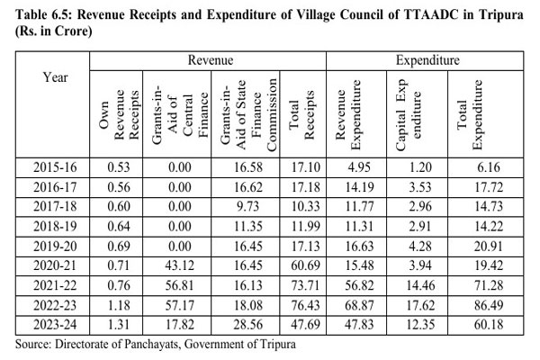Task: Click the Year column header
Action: [x=56, y=77]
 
